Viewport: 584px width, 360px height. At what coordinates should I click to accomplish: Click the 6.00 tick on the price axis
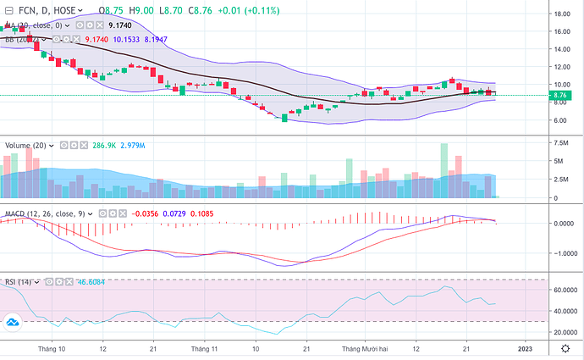click(559, 120)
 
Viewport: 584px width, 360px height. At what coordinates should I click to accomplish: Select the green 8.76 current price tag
click(559, 96)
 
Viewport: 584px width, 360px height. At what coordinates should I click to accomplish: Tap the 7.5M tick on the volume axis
click(561, 144)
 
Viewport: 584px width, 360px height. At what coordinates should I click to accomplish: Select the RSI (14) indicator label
click(19, 280)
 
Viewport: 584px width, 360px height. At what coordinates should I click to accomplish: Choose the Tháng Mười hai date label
click(364, 348)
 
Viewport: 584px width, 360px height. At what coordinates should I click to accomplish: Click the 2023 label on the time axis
click(525, 348)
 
